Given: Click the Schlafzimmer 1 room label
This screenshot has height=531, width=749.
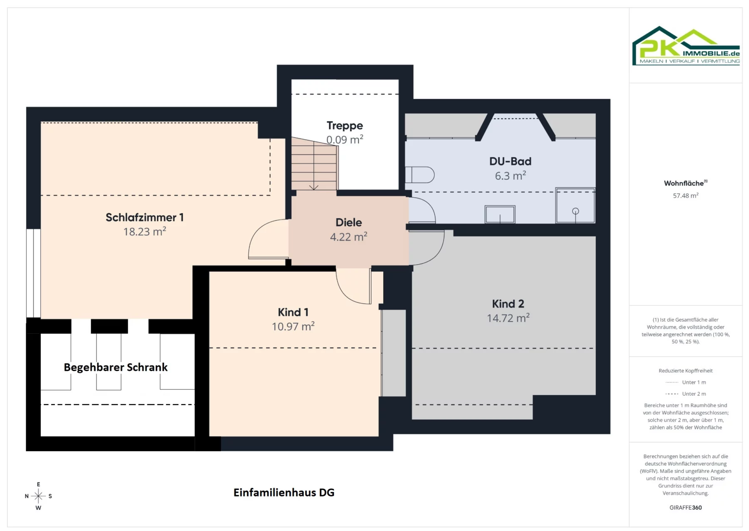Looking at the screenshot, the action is coord(144,217).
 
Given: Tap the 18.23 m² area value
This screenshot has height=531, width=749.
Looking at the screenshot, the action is coord(144,231).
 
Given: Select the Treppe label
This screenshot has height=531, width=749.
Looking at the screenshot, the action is coord(345,126).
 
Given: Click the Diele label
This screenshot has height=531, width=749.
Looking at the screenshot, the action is coord(349,222).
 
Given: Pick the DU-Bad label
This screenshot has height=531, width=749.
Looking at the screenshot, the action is coord(510,161).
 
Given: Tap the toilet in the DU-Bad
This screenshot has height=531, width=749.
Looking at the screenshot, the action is coord(420,175).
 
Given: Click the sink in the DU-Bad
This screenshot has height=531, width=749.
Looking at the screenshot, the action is coord(500,214).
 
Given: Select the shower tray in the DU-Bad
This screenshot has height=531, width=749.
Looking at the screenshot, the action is coord(575,206).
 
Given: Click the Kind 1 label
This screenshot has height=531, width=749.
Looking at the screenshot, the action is coord(293,312).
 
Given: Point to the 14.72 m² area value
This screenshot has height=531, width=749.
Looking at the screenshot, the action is coord(508,318).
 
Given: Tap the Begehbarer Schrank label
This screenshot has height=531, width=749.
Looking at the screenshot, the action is coord(116,367).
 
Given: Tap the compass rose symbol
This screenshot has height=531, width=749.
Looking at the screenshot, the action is coord(38,496).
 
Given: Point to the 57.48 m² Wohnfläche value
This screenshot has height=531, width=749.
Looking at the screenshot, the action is coord(686,196).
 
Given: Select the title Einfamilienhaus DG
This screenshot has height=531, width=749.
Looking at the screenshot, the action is coord(284,492).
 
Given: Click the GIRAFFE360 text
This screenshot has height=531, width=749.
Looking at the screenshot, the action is coord(685,507).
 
